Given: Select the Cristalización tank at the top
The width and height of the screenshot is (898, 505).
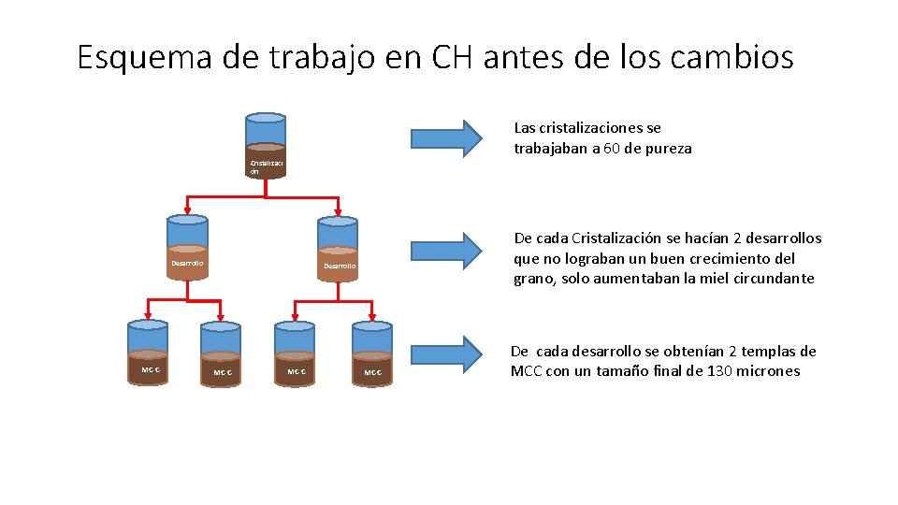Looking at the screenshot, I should click(x=266, y=144).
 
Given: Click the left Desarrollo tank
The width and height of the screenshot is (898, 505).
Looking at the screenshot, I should click(x=187, y=246).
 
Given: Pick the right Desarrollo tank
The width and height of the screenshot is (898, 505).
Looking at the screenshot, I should click(x=338, y=248).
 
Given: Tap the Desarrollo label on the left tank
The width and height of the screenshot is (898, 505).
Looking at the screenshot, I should click(x=187, y=263).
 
